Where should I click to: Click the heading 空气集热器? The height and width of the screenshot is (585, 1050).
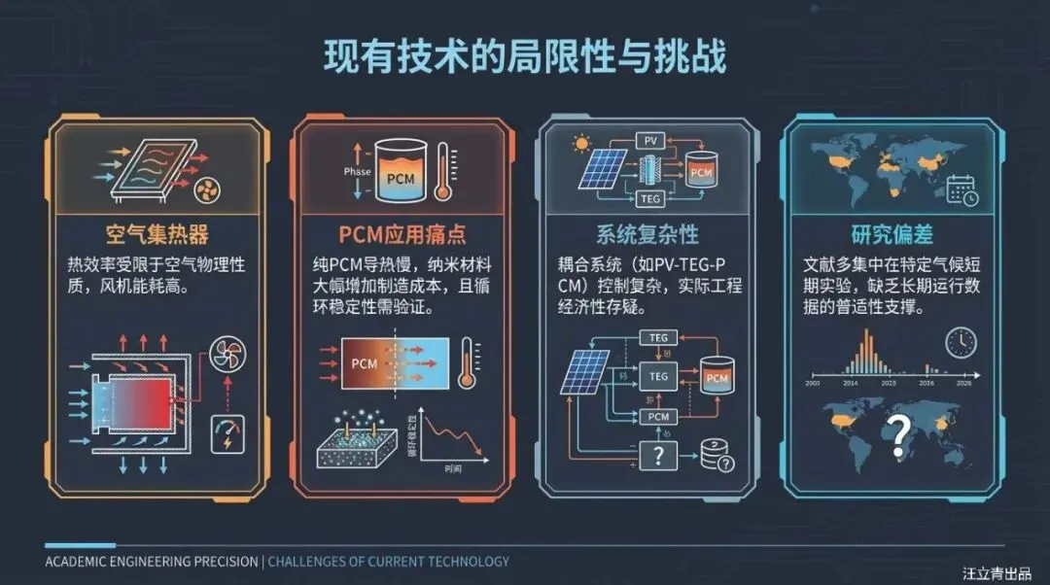(157, 234)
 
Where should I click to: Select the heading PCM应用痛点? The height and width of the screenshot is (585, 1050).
(401, 234)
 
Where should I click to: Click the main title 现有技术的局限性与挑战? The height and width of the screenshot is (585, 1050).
(525, 57)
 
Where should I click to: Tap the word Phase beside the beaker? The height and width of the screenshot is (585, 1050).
(358, 172)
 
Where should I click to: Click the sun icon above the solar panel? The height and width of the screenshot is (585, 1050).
(581, 144)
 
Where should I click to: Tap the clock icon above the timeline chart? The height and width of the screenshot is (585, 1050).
(961, 341)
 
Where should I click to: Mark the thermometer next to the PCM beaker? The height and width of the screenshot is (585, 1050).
(442, 171)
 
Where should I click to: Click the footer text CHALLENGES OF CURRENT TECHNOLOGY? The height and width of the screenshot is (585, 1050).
(388, 561)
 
